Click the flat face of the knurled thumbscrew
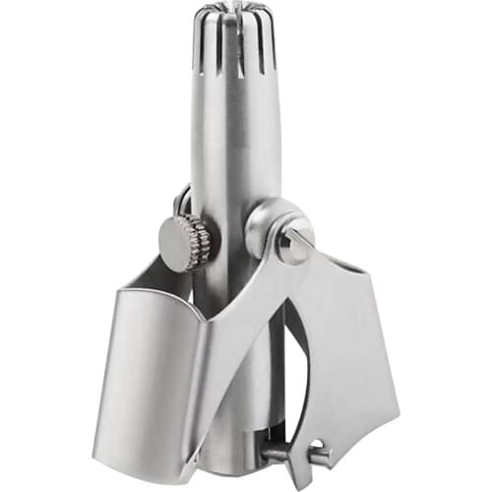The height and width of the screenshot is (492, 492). (x=177, y=241)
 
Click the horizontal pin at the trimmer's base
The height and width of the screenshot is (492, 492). (x=290, y=454)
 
